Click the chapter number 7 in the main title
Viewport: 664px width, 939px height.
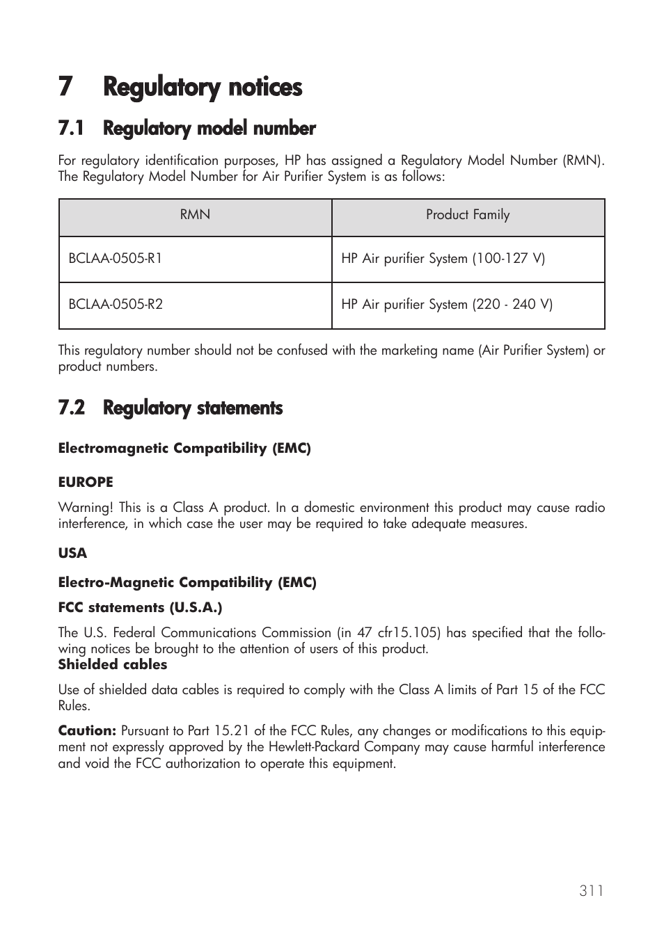pyautogui.click(x=65, y=88)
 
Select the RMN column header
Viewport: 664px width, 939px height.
pyautogui.click(x=195, y=215)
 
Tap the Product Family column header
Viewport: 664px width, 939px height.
pyautogui.click(x=468, y=215)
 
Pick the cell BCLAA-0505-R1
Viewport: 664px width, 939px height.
pyautogui.click(x=116, y=258)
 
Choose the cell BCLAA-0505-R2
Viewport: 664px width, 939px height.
pyautogui.click(x=116, y=304)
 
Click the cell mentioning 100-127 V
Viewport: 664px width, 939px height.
pyautogui.click(x=443, y=259)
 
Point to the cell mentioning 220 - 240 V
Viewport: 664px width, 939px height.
pyautogui.click(x=447, y=305)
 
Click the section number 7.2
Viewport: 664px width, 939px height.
pyautogui.click(x=72, y=408)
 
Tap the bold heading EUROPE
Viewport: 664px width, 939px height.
pyautogui.click(x=85, y=482)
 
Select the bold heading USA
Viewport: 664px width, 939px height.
pyautogui.click(x=72, y=554)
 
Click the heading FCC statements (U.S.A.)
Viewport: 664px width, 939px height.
pyautogui.click(x=140, y=608)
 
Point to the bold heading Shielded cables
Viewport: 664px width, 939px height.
pyautogui.click(x=112, y=665)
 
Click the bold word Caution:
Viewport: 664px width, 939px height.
pyautogui.click(x=86, y=731)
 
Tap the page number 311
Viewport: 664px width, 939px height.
pyautogui.click(x=591, y=891)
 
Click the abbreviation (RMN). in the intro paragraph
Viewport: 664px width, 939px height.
pyautogui.click(x=583, y=161)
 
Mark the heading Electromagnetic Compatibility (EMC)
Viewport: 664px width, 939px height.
pyautogui.click(x=184, y=449)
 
